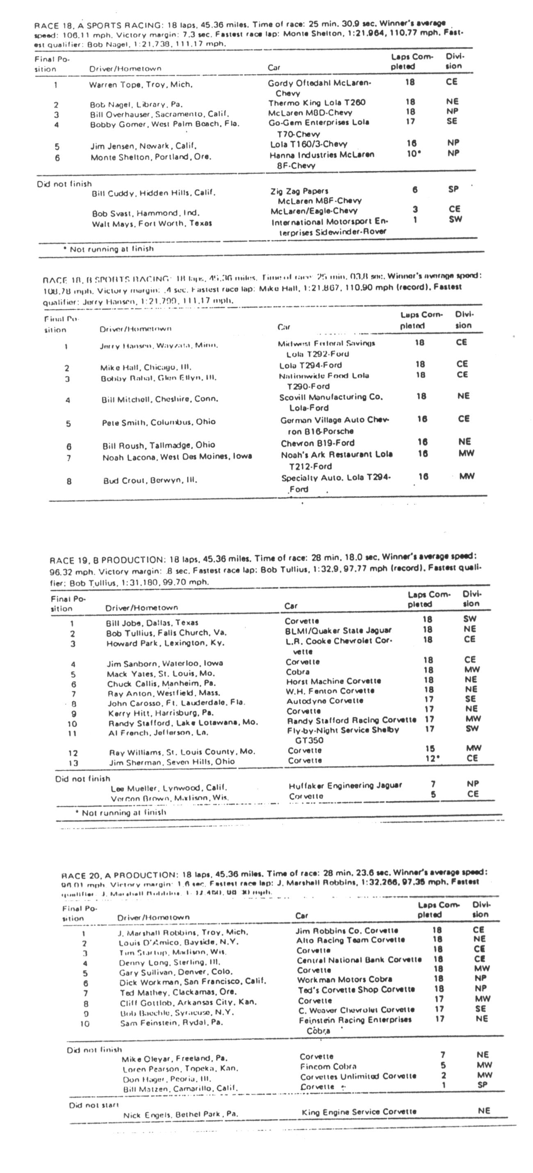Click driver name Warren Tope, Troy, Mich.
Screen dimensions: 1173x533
click(x=141, y=85)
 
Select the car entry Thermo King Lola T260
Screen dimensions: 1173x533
click(x=317, y=103)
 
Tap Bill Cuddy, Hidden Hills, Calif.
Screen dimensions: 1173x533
click(x=153, y=193)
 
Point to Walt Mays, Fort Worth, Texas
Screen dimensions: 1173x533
click(x=152, y=224)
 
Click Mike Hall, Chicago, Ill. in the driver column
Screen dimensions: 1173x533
click(x=146, y=367)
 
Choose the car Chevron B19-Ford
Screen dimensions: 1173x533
click(x=317, y=443)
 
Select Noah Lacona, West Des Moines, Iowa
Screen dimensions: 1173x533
click(x=177, y=456)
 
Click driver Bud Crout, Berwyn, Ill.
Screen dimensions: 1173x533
click(x=150, y=480)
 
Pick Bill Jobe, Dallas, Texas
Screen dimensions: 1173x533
click(x=152, y=623)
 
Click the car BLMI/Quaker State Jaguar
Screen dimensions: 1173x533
click(x=338, y=631)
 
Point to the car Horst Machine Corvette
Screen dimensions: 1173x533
click(x=333, y=681)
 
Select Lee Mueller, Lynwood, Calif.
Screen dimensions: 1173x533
click(x=169, y=788)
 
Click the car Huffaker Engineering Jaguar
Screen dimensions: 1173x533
click(x=345, y=785)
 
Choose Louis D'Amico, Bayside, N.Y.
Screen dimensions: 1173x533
click(x=178, y=942)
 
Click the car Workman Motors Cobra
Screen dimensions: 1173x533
click(x=344, y=979)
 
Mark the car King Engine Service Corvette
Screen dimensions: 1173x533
click(x=359, y=1111)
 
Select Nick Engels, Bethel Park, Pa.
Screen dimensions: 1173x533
click(x=180, y=1115)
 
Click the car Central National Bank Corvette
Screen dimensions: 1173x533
click(x=359, y=960)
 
